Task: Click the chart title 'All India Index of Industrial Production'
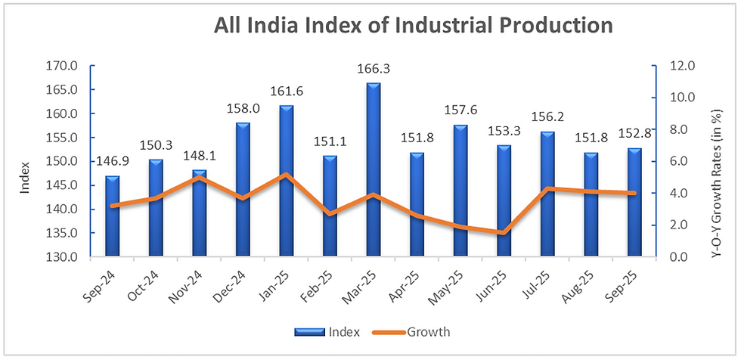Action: pos(413,25)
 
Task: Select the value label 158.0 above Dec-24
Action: pos(243,109)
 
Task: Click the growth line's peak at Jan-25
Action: pos(287,175)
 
